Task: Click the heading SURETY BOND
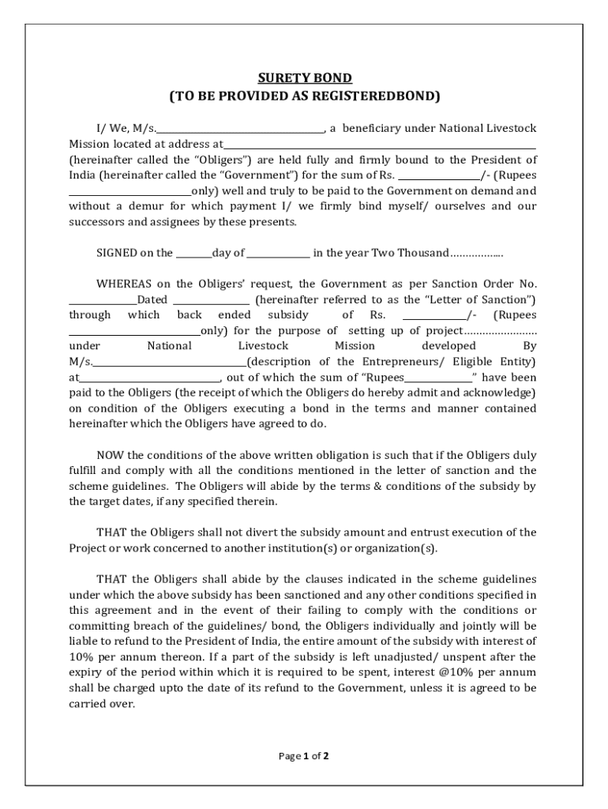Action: click(x=304, y=78)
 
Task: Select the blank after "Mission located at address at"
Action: click(x=380, y=145)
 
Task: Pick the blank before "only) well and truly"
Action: click(x=129, y=191)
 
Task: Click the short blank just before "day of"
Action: click(x=193, y=254)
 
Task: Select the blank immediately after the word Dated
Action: click(x=211, y=300)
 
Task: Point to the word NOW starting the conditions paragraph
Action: click(x=110, y=455)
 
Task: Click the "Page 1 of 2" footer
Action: click(x=304, y=756)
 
